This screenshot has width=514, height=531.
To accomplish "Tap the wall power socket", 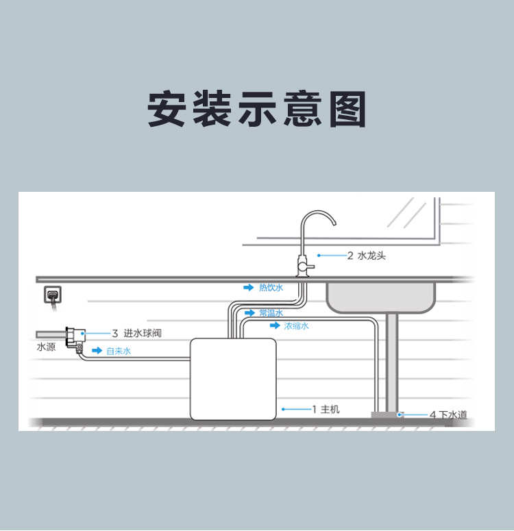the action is (x=52, y=295).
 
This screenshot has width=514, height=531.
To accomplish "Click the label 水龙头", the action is (x=371, y=256).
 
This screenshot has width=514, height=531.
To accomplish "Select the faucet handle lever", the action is (x=309, y=264).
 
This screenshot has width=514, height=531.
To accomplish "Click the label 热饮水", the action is (x=270, y=288).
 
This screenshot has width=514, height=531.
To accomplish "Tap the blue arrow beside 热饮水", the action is (x=249, y=288).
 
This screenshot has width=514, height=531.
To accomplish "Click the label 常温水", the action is (x=271, y=313).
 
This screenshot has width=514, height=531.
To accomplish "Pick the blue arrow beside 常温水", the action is (x=249, y=313).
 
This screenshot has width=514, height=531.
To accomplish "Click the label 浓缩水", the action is (x=296, y=326).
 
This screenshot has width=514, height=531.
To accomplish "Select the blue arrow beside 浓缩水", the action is (x=275, y=326).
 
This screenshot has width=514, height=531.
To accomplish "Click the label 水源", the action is (x=45, y=347).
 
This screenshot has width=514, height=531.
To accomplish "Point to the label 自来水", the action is (x=118, y=351).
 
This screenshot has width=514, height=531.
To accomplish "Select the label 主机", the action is (x=330, y=410).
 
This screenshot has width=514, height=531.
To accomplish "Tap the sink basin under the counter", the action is (x=380, y=296).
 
